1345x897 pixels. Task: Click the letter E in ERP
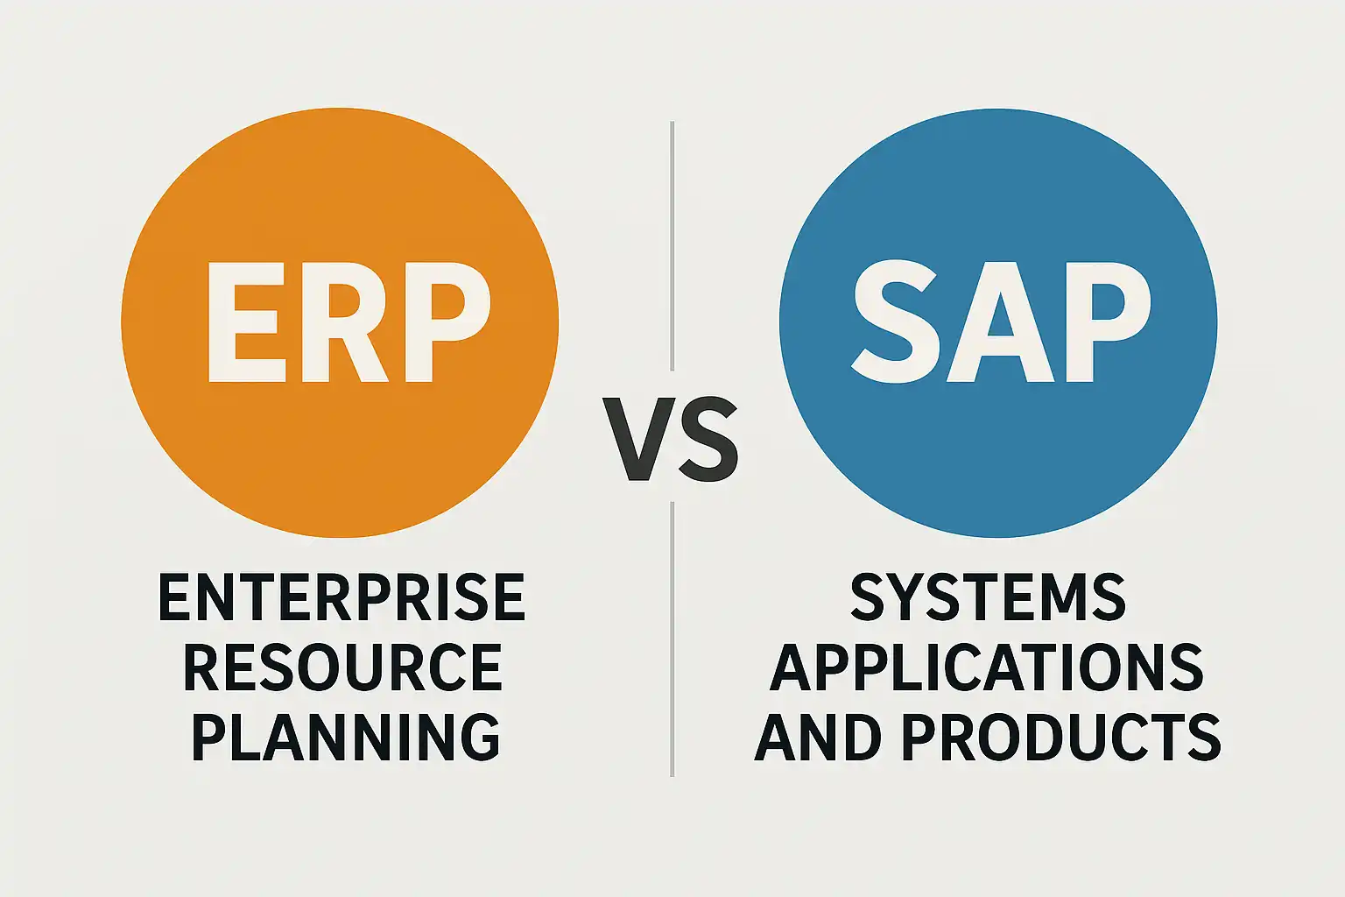tap(243, 322)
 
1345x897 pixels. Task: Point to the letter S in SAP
tap(895, 322)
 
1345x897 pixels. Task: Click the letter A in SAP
tap(1000, 322)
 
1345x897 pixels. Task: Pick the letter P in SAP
tap(1109, 322)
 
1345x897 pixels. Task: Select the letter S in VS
tap(709, 439)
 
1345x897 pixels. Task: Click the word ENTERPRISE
tap(342, 597)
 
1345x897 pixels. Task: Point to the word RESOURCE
tap(343, 667)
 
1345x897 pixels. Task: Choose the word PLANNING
tap(345, 737)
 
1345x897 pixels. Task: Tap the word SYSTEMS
tap(988, 597)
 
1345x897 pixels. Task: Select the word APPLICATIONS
tap(987, 667)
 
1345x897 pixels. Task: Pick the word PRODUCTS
tap(1062, 737)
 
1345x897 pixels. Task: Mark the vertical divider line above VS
tap(672, 246)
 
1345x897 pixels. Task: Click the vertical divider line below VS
tap(672, 639)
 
